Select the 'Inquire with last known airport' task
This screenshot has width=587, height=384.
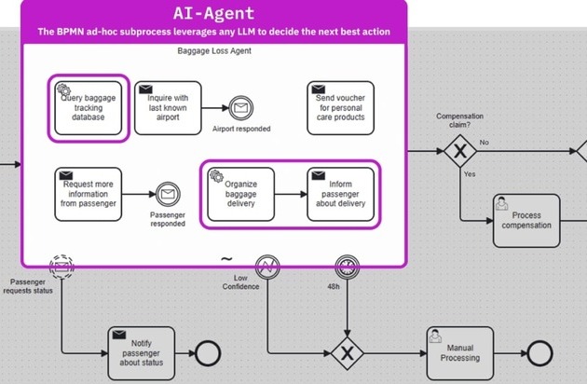(x=168, y=108)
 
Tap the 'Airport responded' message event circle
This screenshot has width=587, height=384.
(x=241, y=108)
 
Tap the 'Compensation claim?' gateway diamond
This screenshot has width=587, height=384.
(x=459, y=150)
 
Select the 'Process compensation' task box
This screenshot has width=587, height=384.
(x=526, y=221)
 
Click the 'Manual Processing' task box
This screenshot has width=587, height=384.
(x=459, y=353)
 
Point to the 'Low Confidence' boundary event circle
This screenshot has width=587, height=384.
(x=268, y=267)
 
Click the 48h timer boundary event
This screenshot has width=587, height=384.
(x=348, y=267)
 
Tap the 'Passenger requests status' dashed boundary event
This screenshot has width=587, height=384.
(x=62, y=267)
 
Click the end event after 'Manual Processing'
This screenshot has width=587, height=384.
(x=539, y=353)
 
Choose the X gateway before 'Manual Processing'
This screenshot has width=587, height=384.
(x=348, y=353)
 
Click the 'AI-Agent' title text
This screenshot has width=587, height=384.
(x=213, y=14)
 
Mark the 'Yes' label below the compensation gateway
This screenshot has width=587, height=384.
(x=470, y=174)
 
